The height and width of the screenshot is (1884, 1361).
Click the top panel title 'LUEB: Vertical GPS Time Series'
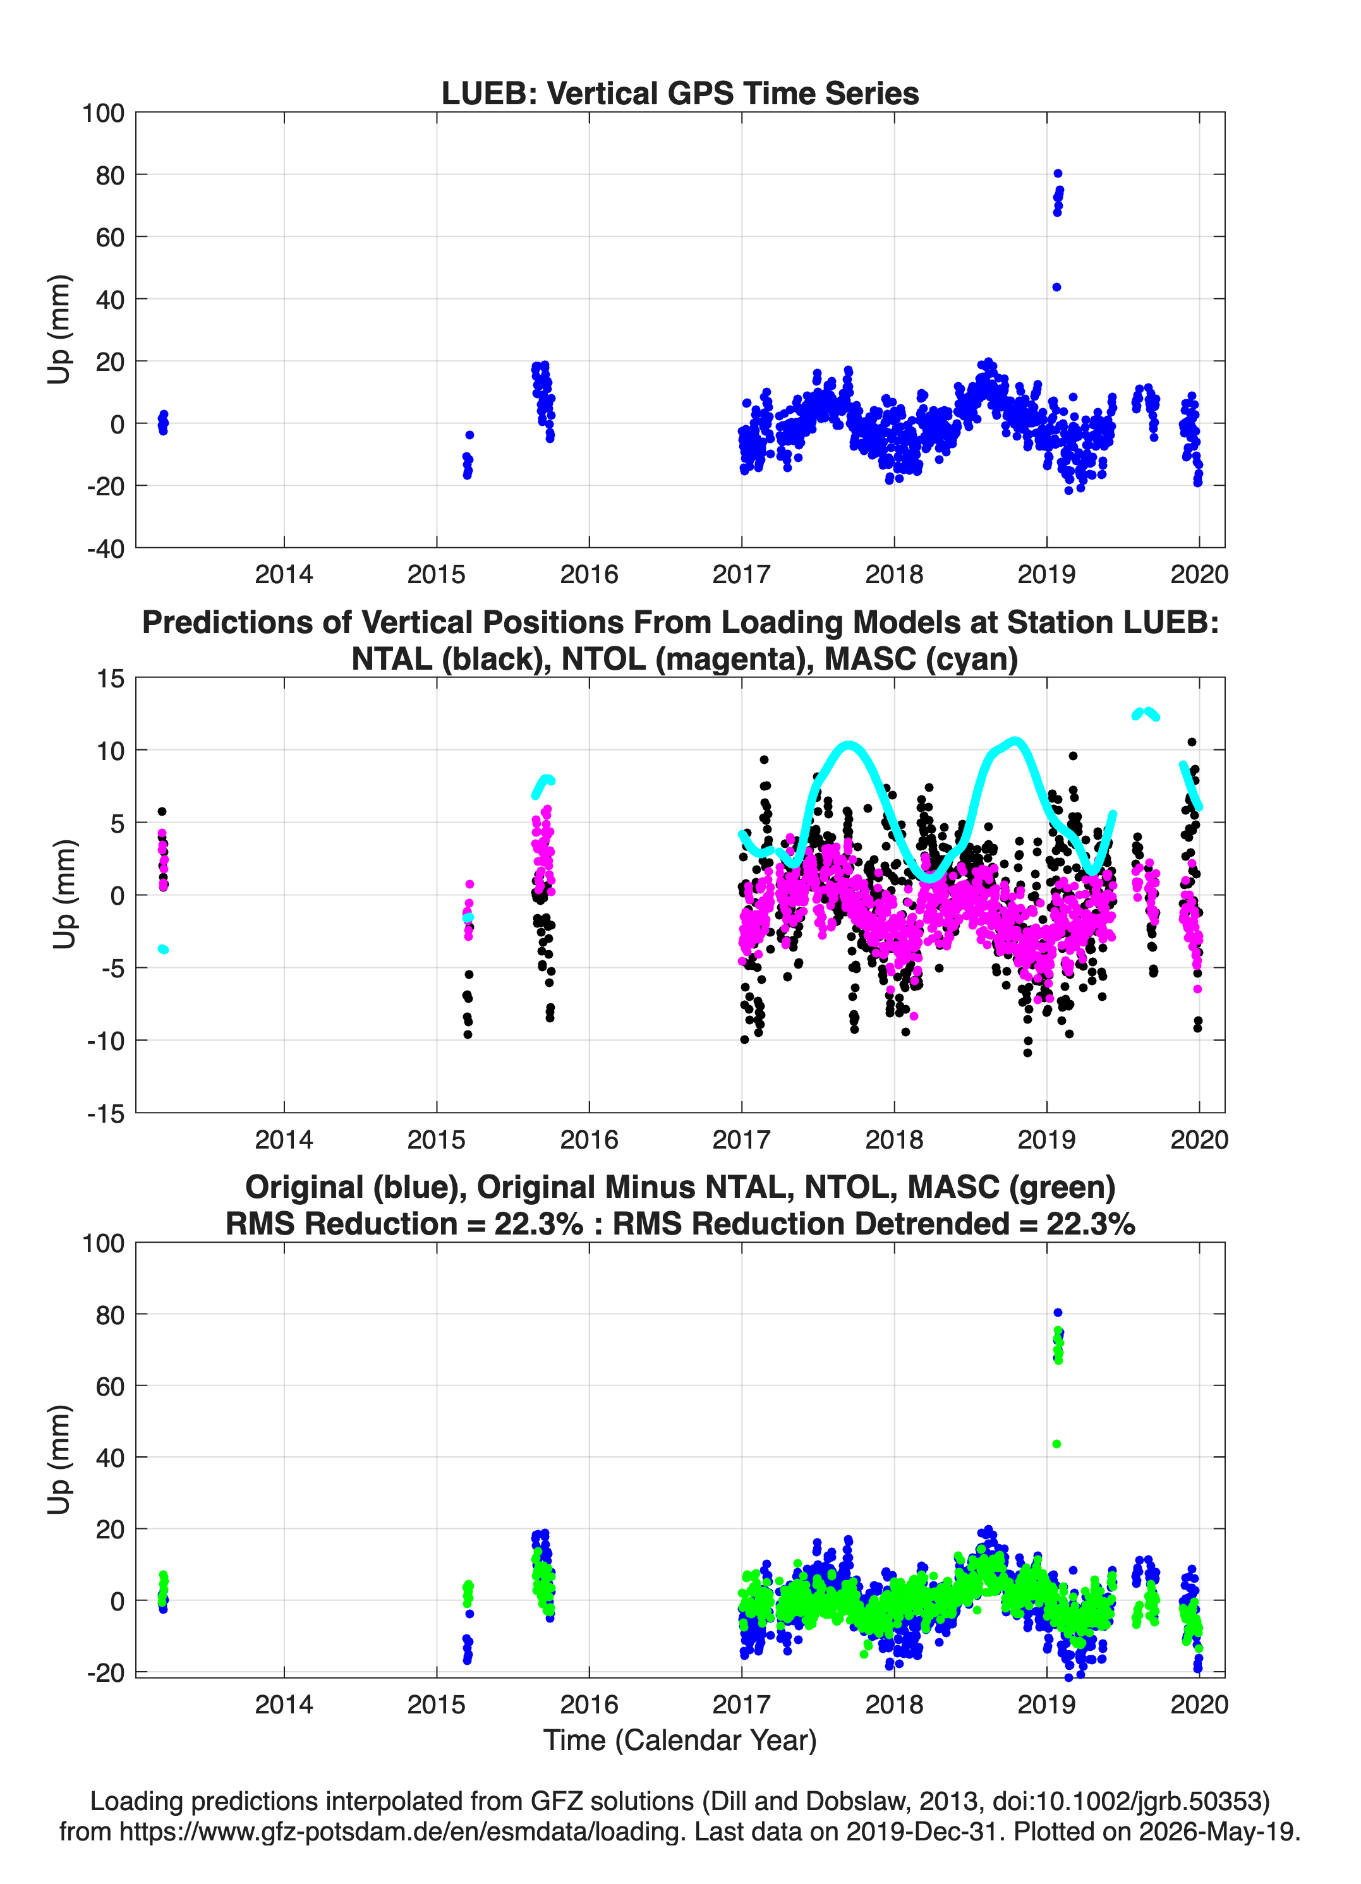(x=680, y=93)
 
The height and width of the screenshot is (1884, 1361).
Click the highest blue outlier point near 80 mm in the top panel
(x=1058, y=174)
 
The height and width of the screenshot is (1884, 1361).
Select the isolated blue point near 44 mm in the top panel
(x=1056, y=287)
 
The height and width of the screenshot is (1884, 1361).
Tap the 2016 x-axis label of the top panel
(x=589, y=574)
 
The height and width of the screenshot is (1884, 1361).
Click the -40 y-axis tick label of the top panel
(x=106, y=548)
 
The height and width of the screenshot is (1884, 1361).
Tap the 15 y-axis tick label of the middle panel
(x=111, y=679)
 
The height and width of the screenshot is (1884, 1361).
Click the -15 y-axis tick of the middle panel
(x=106, y=1113)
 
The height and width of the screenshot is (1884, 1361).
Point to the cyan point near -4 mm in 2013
(x=163, y=949)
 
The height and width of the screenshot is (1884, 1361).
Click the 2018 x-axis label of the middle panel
(x=894, y=1139)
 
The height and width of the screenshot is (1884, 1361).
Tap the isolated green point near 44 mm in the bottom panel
(x=1056, y=1444)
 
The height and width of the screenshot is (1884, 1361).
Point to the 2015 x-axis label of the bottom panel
(x=436, y=1704)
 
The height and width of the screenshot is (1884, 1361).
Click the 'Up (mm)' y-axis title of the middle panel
(x=64, y=895)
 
